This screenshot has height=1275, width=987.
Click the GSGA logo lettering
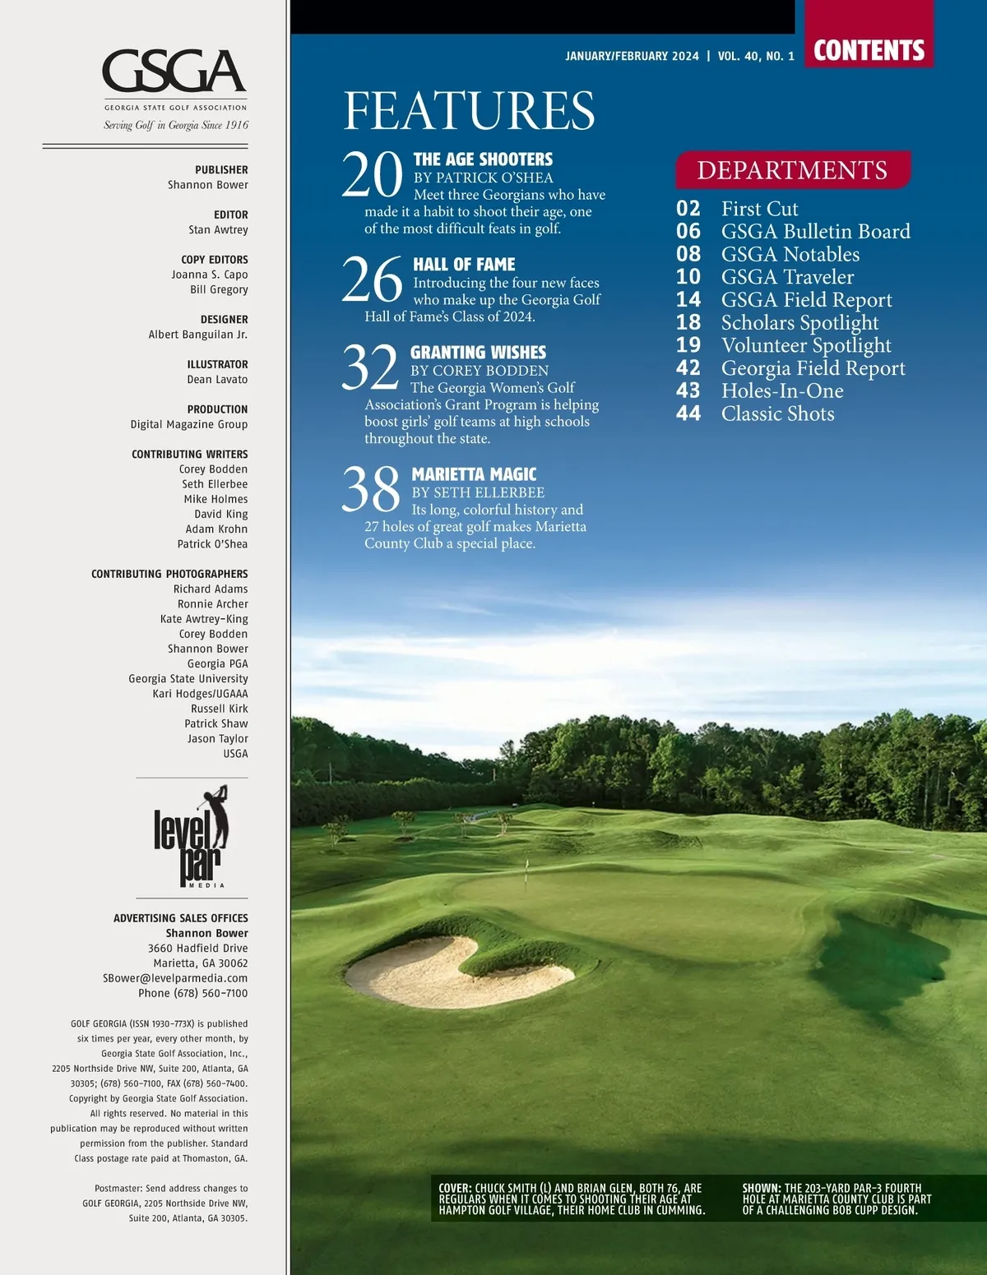click(x=174, y=72)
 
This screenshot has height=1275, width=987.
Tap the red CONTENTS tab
click(x=869, y=50)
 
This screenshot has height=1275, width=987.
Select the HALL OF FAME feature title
click(x=464, y=265)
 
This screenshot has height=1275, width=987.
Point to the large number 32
click(x=370, y=367)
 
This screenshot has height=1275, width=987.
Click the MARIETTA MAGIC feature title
click(x=474, y=474)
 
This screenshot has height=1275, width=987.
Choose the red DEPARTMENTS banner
click(x=792, y=170)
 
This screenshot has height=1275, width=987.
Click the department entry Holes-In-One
click(x=782, y=391)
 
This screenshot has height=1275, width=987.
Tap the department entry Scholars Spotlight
click(x=799, y=323)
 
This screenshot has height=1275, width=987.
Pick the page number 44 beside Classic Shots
click(x=688, y=413)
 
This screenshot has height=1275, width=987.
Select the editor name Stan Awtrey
click(x=218, y=230)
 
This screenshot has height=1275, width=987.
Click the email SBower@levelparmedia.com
click(x=175, y=978)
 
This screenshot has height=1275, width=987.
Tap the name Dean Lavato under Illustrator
click(x=217, y=380)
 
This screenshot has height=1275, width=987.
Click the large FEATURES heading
click(x=469, y=111)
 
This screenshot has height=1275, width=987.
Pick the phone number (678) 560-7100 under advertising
click(x=193, y=993)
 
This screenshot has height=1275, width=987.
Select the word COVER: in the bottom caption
click(x=455, y=1188)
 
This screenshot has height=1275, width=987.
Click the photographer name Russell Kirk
click(x=220, y=709)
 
